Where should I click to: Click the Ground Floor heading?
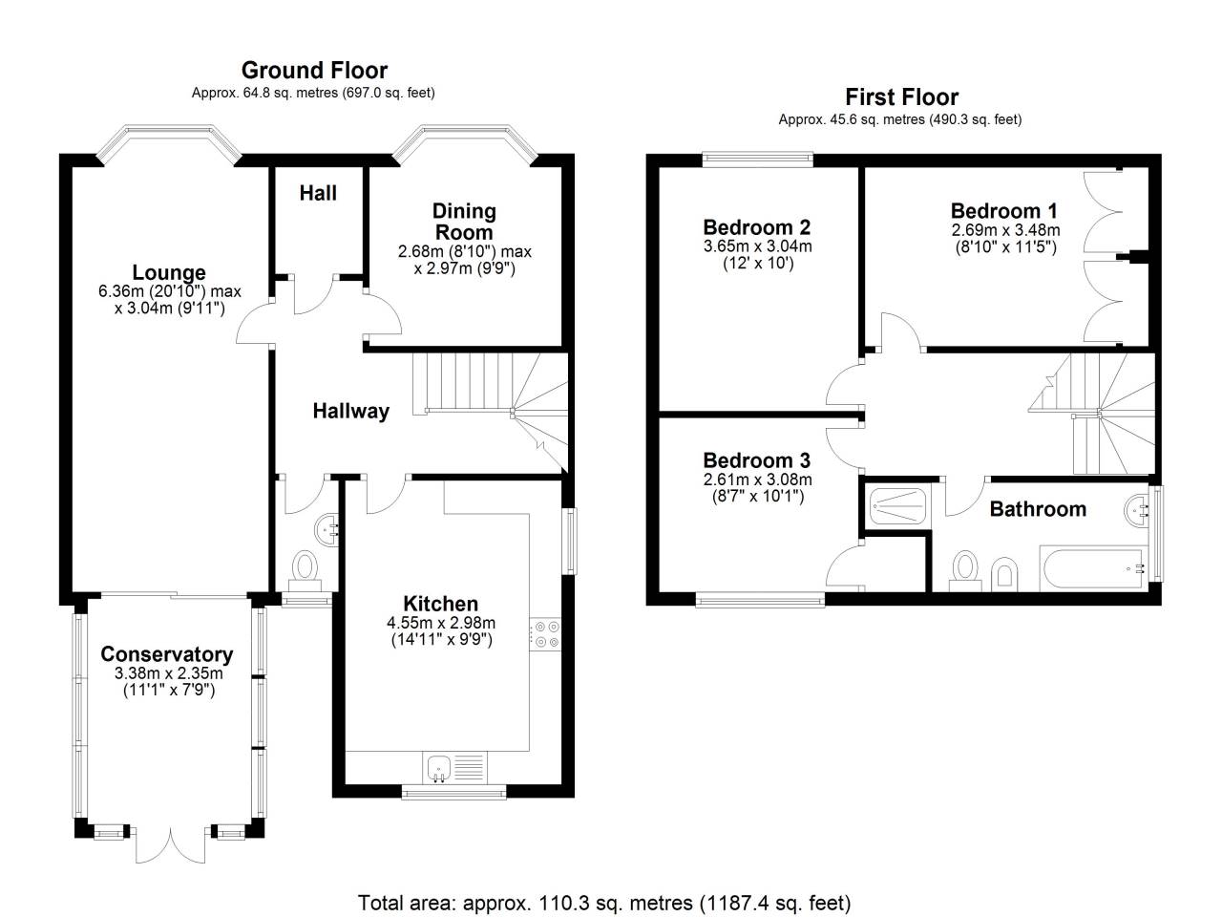314,70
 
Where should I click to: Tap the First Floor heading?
901,96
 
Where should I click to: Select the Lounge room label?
169,273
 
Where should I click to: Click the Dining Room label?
464,221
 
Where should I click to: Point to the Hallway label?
351,411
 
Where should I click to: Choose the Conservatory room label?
167,654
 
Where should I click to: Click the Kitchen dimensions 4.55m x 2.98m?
441,623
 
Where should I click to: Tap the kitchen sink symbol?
439,767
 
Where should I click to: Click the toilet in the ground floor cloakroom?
306,567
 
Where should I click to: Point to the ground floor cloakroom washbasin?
327,525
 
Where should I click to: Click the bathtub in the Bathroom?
1092,569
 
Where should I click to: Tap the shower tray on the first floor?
897,504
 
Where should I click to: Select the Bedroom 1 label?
1003,211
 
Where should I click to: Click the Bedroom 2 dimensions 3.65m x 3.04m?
757,245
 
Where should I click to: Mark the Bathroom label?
1038,509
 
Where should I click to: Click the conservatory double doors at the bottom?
169,844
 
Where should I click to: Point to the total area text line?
603,902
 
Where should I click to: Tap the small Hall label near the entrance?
318,193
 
